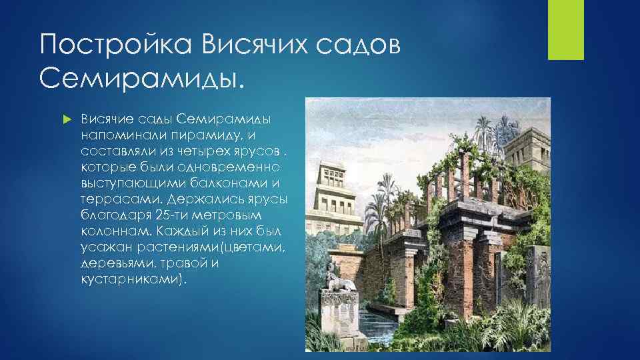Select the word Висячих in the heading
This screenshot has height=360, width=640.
click(251, 47)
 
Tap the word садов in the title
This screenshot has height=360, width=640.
click(363, 47)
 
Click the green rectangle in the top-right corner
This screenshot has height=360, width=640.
click(565, 30)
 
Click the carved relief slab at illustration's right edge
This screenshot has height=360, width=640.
click(539, 280)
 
